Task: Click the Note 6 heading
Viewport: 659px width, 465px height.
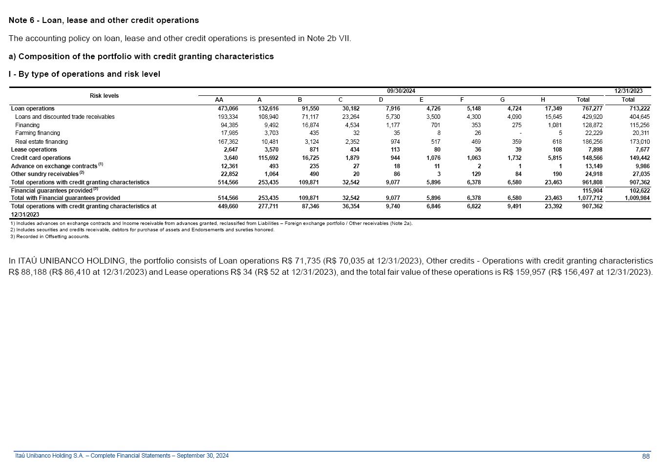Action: [104, 21]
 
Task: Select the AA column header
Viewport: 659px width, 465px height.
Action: [219, 100]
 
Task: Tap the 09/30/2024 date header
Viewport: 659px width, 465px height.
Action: [401, 91]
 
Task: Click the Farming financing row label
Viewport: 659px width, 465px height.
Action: [38, 133]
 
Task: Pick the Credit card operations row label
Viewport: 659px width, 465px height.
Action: [41, 158]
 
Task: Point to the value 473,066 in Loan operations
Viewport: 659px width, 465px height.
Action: [228, 109]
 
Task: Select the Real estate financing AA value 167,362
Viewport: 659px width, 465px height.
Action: [228, 142]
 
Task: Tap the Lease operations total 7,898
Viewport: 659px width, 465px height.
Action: [595, 150]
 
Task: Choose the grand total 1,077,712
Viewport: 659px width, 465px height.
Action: [590, 198]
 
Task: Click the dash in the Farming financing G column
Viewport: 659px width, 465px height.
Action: [520, 133]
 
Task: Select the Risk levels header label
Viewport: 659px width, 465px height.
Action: [104, 96]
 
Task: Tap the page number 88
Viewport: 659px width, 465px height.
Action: [646, 456]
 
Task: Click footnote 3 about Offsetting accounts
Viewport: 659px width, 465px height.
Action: [50, 237]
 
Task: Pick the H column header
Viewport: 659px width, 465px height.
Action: [543, 100]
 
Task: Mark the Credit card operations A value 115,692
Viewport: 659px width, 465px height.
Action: [268, 158]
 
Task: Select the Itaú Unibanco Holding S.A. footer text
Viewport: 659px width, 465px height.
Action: [122, 456]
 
